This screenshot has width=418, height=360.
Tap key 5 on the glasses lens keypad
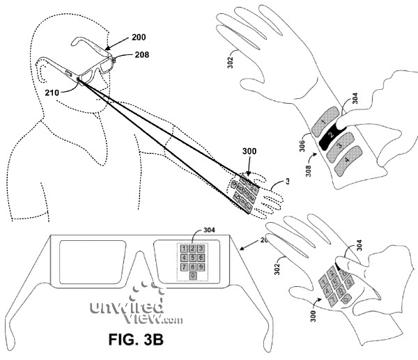coord(192,258)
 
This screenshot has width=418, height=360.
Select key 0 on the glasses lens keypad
coord(192,276)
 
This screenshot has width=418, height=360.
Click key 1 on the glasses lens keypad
coord(184,249)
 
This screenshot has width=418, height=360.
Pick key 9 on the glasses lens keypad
coord(200,267)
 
